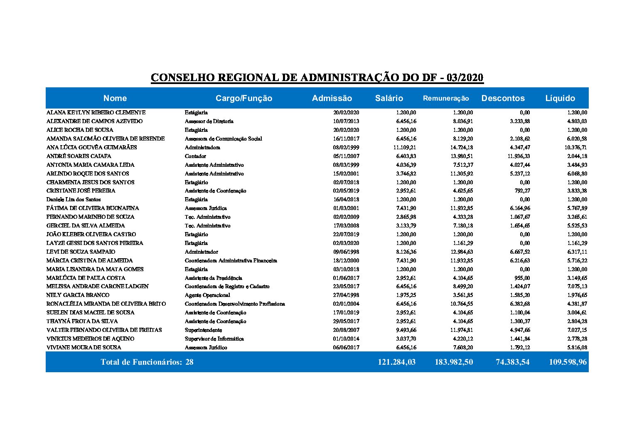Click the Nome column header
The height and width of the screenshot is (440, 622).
pyautogui.click(x=115, y=98)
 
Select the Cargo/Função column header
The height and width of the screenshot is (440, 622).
pyautogui.click(x=244, y=98)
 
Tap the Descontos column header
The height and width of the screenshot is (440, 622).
pyautogui.click(x=503, y=98)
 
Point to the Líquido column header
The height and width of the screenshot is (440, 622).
pyautogui.click(x=560, y=98)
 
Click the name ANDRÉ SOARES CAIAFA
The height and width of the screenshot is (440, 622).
pyautogui.click(x=79, y=156)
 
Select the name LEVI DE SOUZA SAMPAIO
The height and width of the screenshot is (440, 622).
pyautogui.click(x=81, y=252)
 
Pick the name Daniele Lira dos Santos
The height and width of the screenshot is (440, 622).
pyautogui.click(x=74, y=200)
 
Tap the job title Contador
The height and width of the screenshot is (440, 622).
pyautogui.click(x=195, y=156)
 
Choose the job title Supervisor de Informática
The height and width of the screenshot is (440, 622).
pyautogui.click(x=214, y=339)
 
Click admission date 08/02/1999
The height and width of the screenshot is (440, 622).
pyautogui.click(x=346, y=148)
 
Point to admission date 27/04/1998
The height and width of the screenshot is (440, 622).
pyautogui.click(x=346, y=295)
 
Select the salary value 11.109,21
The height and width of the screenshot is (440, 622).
pyautogui.click(x=404, y=148)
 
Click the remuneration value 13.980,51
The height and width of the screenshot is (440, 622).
pyautogui.click(x=460, y=156)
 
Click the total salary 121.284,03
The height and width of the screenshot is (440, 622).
pyautogui.click(x=396, y=362)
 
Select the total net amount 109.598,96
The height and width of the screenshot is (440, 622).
pyautogui.click(x=568, y=362)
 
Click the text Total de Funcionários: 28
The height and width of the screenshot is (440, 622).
pyautogui.click(x=147, y=362)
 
